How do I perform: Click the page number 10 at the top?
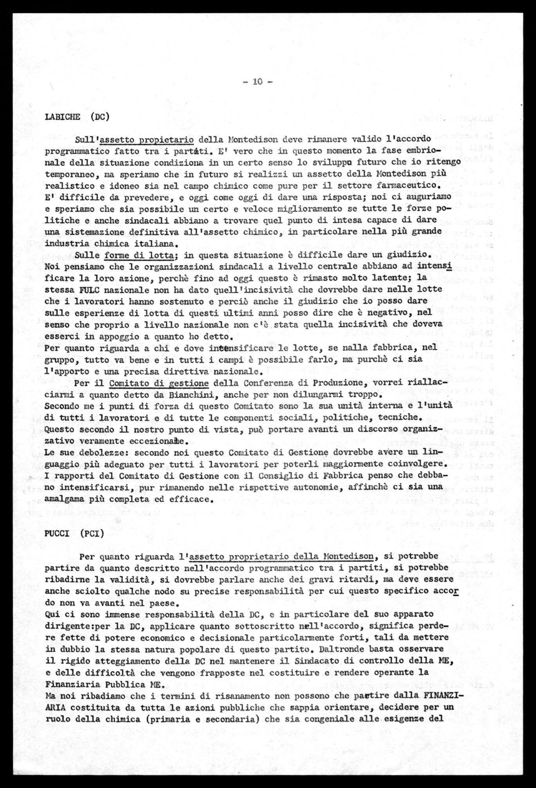point(257,81)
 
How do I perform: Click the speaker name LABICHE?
point(63,116)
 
